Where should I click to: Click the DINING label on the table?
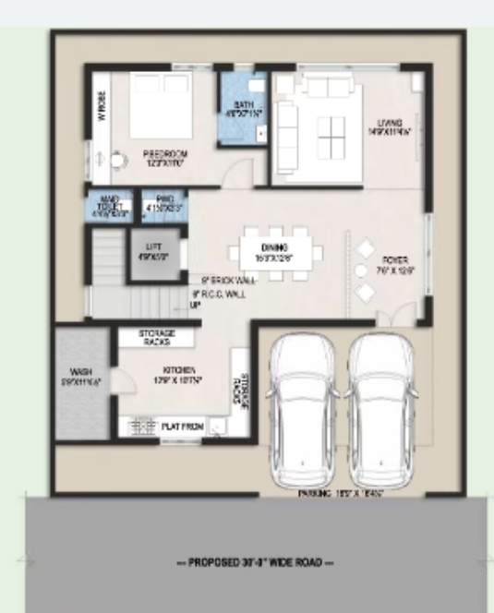click(x=274, y=248)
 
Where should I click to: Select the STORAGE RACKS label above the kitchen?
click(x=158, y=336)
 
